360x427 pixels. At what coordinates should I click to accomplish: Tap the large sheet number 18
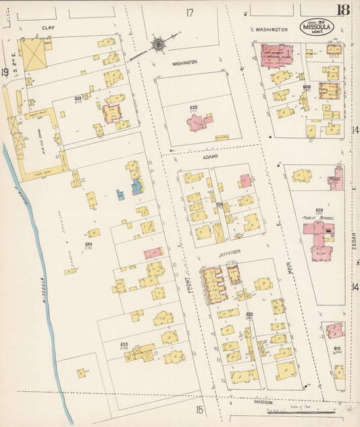click(x=344, y=9)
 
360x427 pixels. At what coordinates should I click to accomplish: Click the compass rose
click(x=158, y=45)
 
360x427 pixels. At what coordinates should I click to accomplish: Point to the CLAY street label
click(x=47, y=28)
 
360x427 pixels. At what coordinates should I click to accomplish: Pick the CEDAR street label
click(x=353, y=240)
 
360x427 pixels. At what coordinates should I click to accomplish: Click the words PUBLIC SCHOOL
click(x=315, y=218)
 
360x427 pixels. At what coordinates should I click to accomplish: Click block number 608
click(x=307, y=87)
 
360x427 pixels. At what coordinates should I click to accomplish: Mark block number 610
click(x=336, y=349)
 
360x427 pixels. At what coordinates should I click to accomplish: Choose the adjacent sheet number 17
click(x=190, y=12)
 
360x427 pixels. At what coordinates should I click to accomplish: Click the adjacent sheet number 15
click(x=199, y=409)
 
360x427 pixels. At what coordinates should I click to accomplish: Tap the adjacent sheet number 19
click(x=5, y=72)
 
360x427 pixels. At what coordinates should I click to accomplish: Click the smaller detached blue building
click(x=120, y=195)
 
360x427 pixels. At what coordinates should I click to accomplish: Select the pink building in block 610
click(x=334, y=330)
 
